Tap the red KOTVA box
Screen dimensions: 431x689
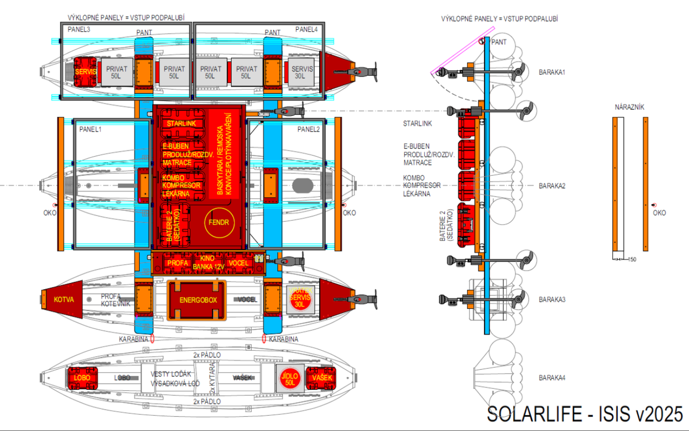click(63, 300)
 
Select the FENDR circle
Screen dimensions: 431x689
click(219, 222)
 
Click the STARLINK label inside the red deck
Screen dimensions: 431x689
click(181, 124)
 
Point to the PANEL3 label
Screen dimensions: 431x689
click(79, 29)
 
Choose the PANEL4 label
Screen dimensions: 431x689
click(306, 29)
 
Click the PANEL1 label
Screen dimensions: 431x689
click(90, 129)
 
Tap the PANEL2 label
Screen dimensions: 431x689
click(308, 129)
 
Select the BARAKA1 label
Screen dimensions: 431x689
click(552, 72)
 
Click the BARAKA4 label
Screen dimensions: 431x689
click(552, 378)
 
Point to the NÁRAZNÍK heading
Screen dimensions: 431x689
click(630, 107)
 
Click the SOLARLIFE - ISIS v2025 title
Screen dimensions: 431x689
click(585, 414)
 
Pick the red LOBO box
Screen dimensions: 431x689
click(82, 378)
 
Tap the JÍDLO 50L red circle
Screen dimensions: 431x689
click(290, 379)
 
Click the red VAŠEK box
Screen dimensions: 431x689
click(322, 378)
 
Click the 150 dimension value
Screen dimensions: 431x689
click(632, 260)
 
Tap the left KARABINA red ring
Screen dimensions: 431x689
click(152, 339)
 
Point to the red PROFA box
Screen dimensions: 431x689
click(178, 263)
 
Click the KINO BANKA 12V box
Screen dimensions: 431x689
click(208, 263)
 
